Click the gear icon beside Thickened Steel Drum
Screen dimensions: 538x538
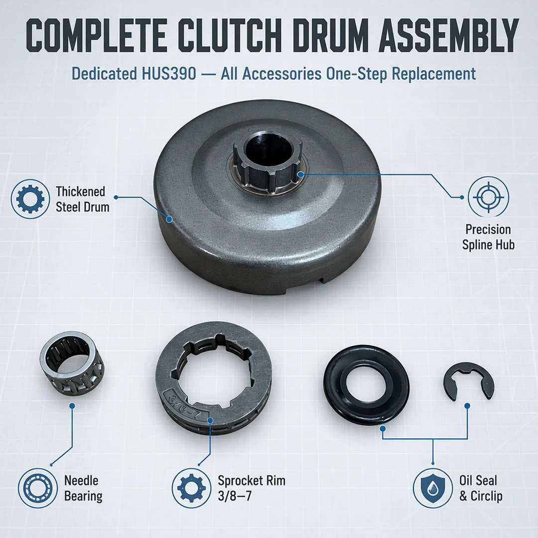pos(30,199)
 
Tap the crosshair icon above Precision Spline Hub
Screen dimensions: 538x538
pos(488,197)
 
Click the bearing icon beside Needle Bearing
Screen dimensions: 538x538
pos(38,488)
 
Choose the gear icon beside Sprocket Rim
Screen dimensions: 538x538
pos(191,488)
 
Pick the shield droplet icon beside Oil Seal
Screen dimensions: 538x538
pos(433,488)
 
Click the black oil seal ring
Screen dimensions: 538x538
pos(366,385)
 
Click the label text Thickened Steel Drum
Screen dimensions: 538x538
pos(82,199)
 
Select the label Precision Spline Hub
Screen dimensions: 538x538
pos(488,237)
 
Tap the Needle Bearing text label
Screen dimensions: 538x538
pos(83,488)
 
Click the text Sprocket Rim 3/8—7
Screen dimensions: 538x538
pos(252,488)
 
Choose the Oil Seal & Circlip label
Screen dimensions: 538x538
pos(481,488)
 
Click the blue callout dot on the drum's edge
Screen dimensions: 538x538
pos(169,219)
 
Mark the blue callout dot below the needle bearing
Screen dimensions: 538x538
pos(72,406)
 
